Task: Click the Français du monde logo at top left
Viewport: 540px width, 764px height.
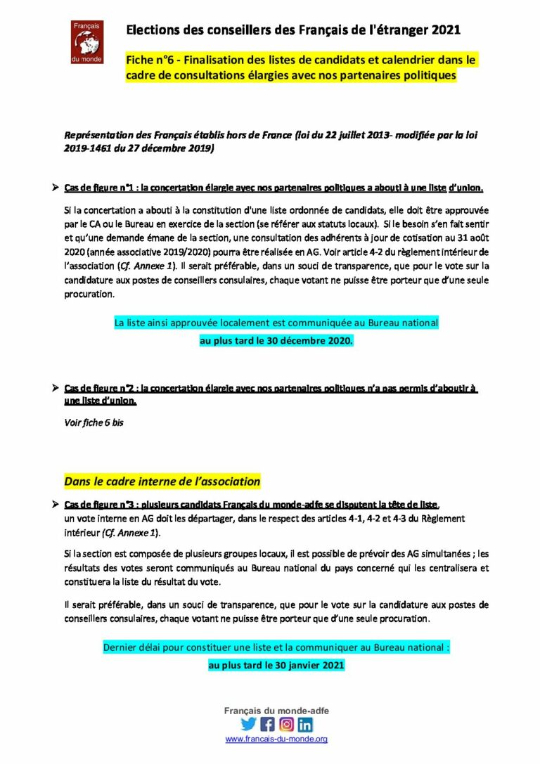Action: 87,42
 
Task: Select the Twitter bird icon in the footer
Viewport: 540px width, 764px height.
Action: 248,724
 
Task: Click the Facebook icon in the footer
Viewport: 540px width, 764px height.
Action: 267,724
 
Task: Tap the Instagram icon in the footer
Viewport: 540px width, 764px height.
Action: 286,724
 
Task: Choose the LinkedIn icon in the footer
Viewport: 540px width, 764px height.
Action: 305,724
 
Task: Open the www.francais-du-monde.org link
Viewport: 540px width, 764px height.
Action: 276,739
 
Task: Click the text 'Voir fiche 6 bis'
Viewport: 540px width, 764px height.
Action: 94,423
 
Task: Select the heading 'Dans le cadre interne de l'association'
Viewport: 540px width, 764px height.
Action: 162,481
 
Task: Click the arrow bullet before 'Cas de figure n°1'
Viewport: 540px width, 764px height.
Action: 55,188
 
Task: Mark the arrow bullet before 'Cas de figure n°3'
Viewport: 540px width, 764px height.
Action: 55,505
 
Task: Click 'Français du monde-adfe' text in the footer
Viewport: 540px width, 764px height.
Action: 276,711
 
